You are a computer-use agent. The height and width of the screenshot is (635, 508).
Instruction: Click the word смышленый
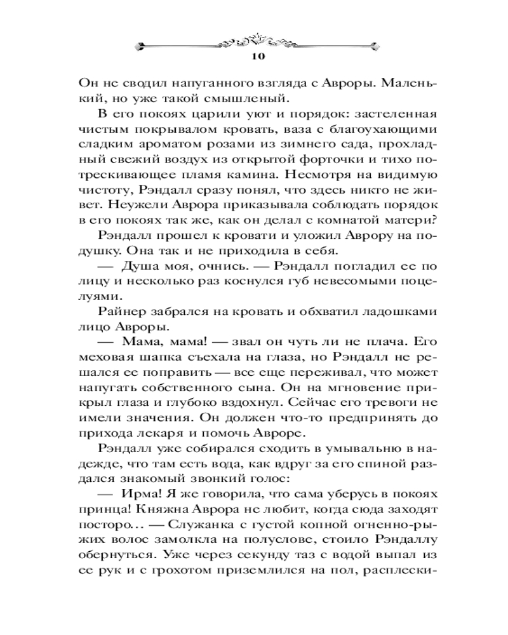(253, 98)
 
